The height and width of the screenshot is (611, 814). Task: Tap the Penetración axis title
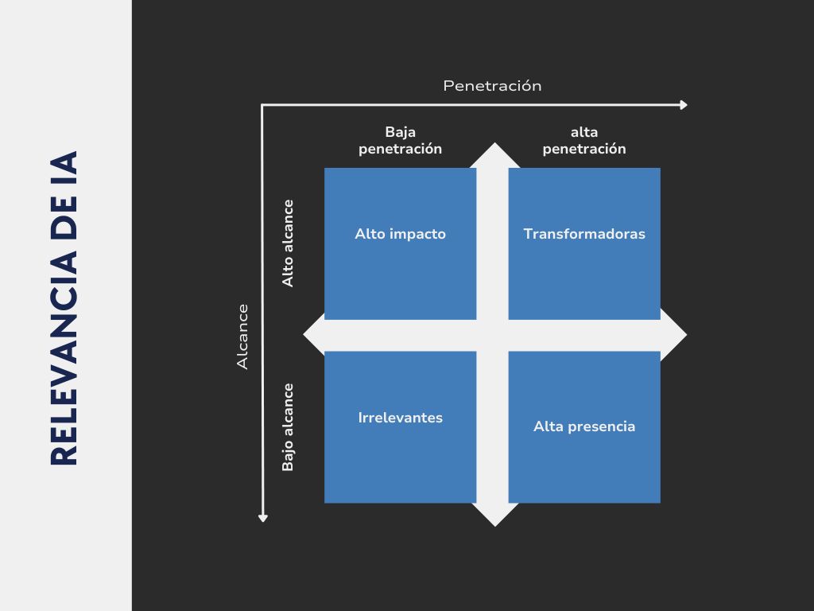click(492, 86)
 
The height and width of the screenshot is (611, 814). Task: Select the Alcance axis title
click(243, 337)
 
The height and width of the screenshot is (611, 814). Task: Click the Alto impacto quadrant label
click(400, 234)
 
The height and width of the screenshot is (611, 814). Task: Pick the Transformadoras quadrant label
click(584, 234)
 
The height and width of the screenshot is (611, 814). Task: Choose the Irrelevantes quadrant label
click(400, 418)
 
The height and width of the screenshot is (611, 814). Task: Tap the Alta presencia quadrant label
click(584, 426)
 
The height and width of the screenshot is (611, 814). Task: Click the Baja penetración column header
click(400, 140)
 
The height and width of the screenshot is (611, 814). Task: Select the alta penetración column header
click(584, 140)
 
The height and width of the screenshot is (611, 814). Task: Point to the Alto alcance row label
click(288, 243)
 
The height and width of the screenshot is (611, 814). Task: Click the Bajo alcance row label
click(288, 427)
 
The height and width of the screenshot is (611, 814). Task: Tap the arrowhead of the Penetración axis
click(683, 105)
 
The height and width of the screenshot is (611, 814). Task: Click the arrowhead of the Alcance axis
click(263, 518)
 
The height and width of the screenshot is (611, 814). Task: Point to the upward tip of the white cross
click(494, 146)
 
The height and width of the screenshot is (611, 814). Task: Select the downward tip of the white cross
click(494, 523)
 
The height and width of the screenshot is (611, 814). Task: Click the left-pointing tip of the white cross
click(306, 335)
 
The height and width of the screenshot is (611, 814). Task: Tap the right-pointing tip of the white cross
click(684, 335)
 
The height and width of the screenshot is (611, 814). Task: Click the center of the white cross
click(493, 335)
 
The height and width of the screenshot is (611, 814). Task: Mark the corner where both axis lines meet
click(263, 105)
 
